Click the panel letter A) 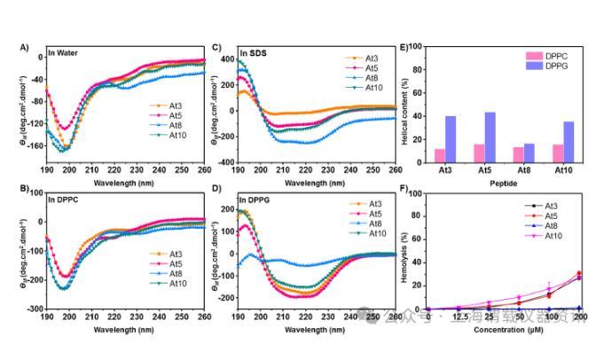(25, 46)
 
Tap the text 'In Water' (65, 54)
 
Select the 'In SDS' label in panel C (255, 54)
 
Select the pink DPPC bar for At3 (440, 156)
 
